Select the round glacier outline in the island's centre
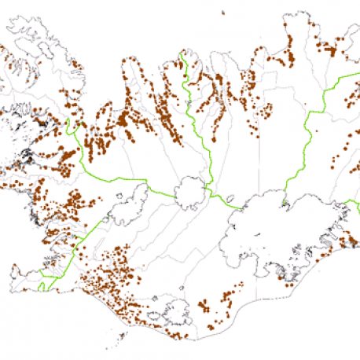[x=191, y=193]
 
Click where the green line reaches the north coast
[x=182, y=53]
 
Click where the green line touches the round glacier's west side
[x=175, y=193]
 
